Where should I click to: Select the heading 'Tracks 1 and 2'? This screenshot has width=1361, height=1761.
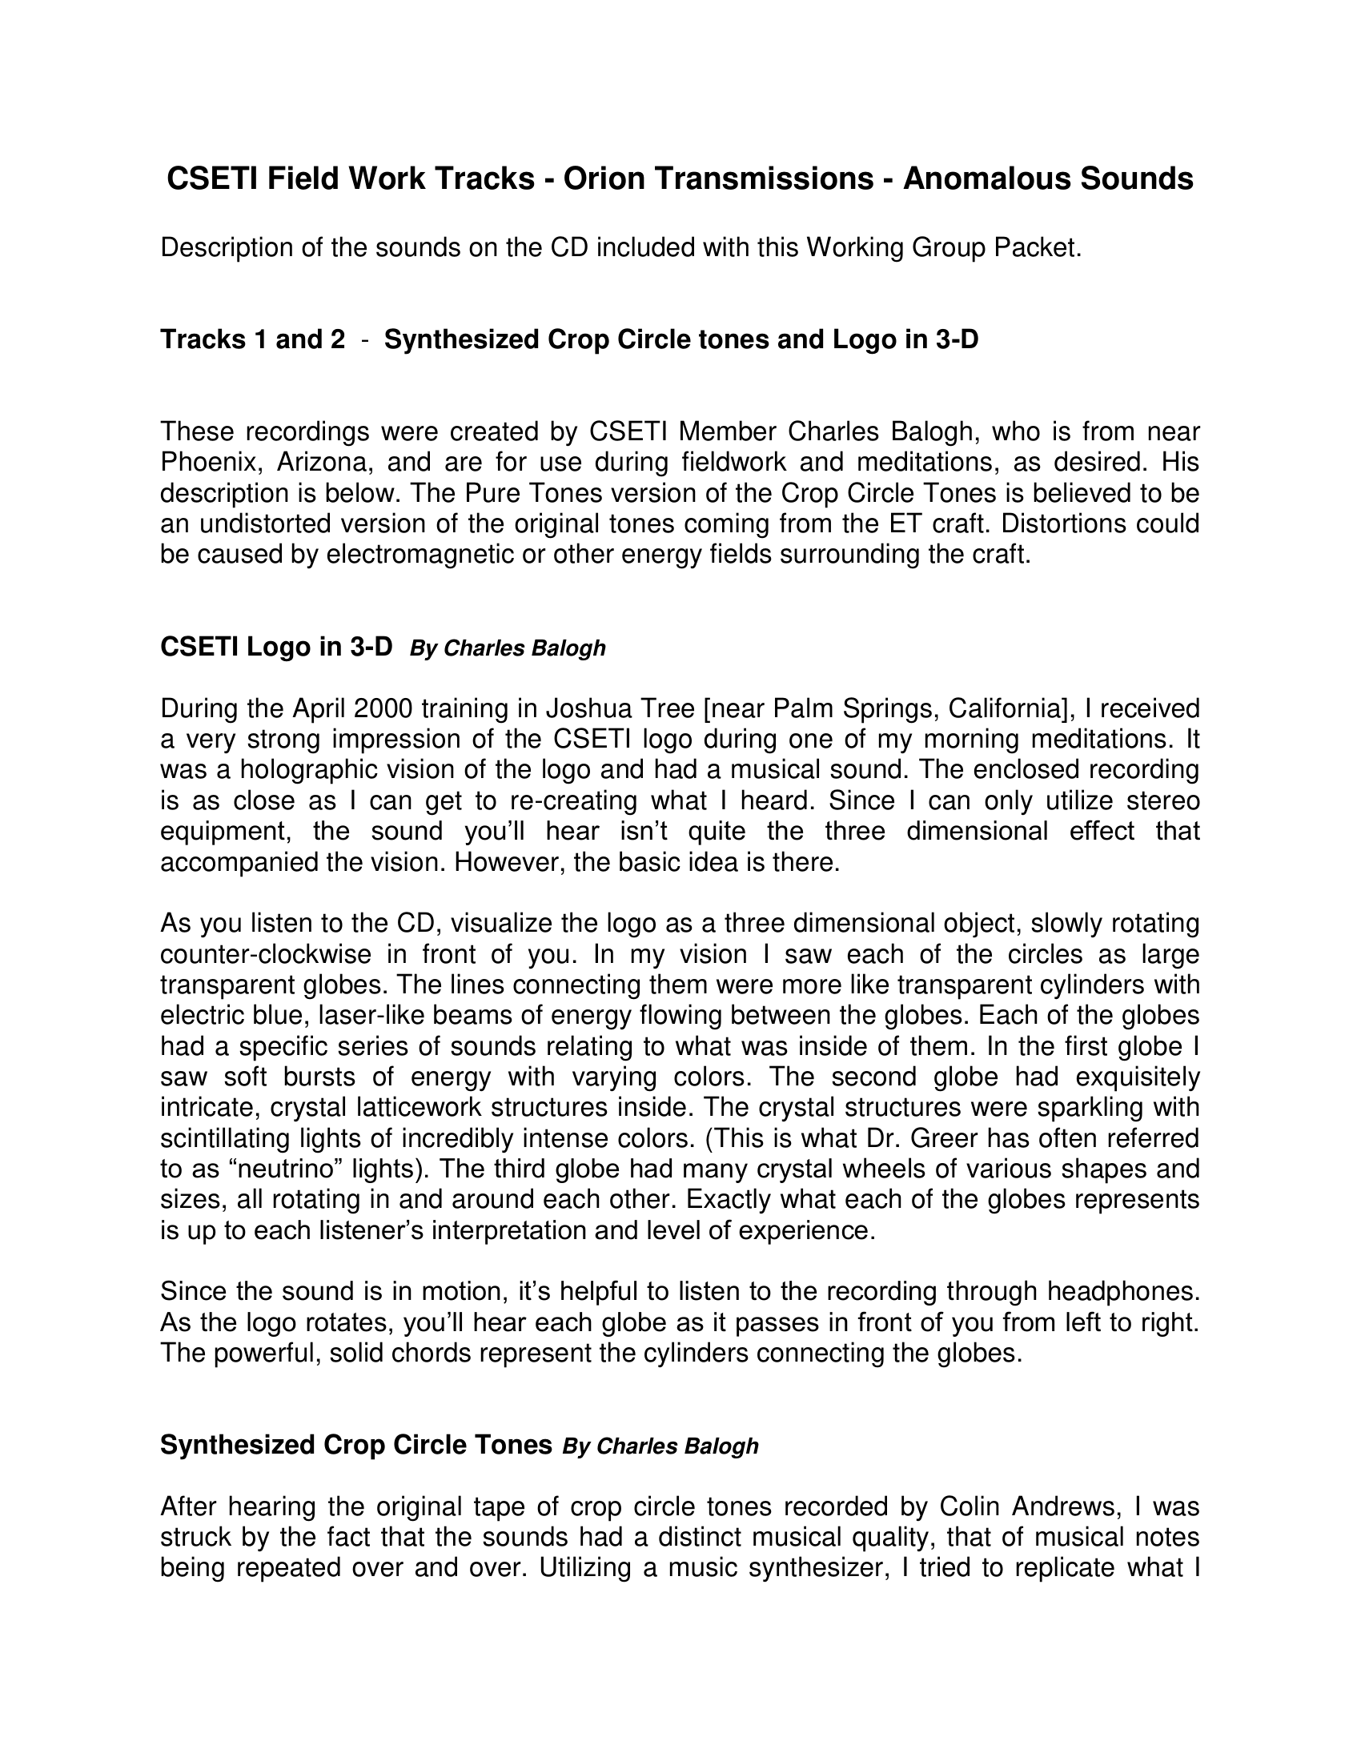point(252,339)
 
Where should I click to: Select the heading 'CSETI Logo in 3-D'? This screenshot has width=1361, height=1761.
point(275,647)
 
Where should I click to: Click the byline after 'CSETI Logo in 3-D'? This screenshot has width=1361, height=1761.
point(507,648)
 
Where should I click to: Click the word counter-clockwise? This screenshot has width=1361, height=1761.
point(266,955)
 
